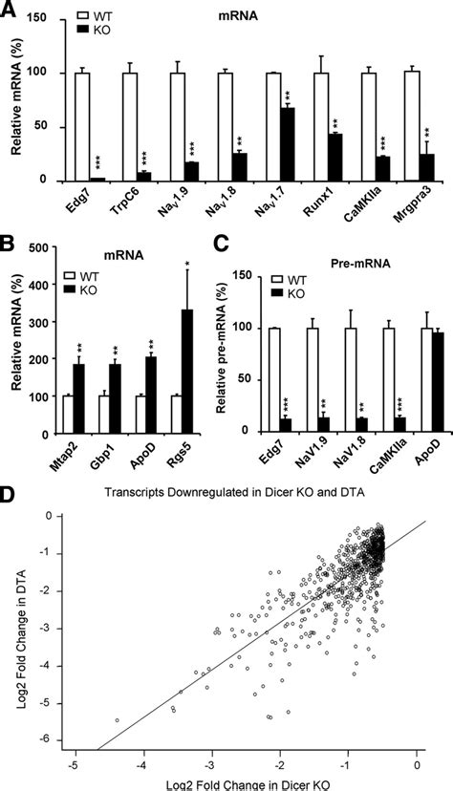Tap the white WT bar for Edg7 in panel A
pos(95,126)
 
